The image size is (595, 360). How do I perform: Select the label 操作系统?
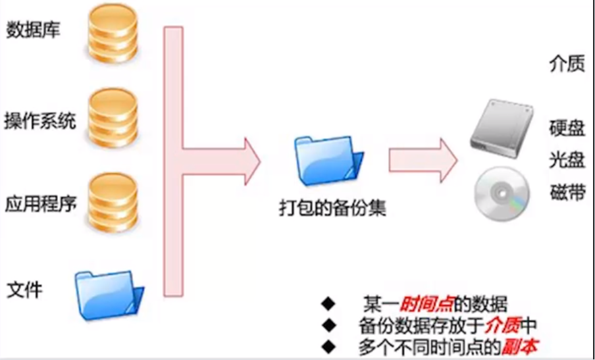click(40, 121)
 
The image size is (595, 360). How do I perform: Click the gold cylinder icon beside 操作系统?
click(113, 118)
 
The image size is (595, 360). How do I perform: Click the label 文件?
click(26, 288)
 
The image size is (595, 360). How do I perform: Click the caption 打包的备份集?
click(332, 209)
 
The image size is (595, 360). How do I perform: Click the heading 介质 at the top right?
click(567, 64)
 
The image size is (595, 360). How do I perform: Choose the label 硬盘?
click(567, 128)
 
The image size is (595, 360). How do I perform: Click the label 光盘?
click(567, 161)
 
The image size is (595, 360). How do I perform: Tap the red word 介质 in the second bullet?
click(503, 324)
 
